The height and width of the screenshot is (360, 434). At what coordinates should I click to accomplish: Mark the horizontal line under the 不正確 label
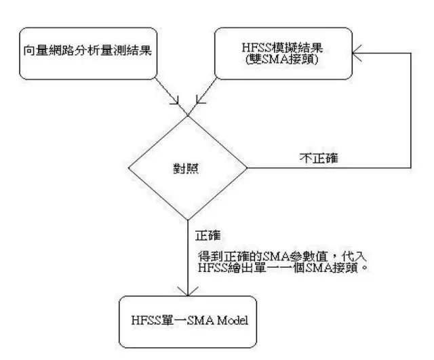[x=325, y=167]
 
